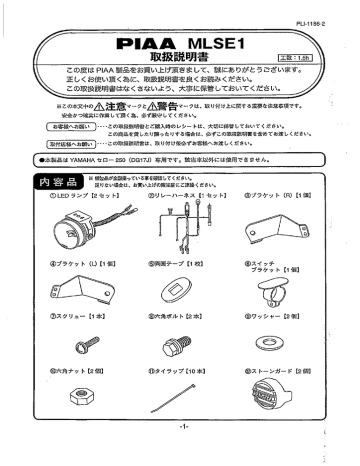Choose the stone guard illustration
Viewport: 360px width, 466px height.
(x=282, y=425)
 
